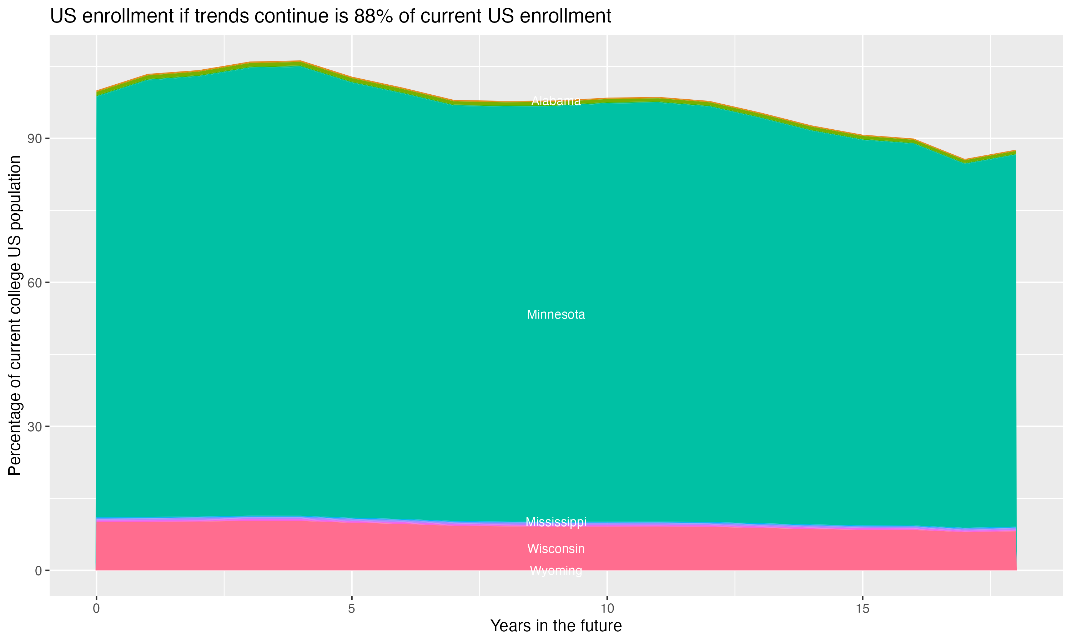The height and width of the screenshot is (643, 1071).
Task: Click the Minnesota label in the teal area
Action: pos(556,315)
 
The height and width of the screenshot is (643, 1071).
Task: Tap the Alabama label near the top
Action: pos(556,101)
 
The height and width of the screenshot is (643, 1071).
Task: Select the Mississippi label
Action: pos(556,522)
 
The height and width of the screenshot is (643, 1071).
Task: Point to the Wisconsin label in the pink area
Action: pos(556,549)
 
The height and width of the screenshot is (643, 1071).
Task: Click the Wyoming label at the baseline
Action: pos(556,570)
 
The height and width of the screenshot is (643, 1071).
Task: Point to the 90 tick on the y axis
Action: pos(35,139)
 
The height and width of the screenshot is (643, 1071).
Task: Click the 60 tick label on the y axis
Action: pos(35,283)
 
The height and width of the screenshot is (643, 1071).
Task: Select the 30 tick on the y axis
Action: pos(35,427)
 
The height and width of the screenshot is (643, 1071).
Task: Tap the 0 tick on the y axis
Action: pos(39,570)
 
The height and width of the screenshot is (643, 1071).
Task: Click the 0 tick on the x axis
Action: pos(96,609)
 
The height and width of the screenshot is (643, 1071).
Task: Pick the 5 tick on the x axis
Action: pos(352,609)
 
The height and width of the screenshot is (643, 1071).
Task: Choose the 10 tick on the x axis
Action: pos(607,609)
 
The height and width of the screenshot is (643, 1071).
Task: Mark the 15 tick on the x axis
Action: pos(863,609)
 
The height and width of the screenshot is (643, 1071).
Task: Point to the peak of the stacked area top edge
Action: pos(301,61)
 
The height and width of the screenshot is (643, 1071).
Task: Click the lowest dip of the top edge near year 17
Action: pos(965,160)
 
